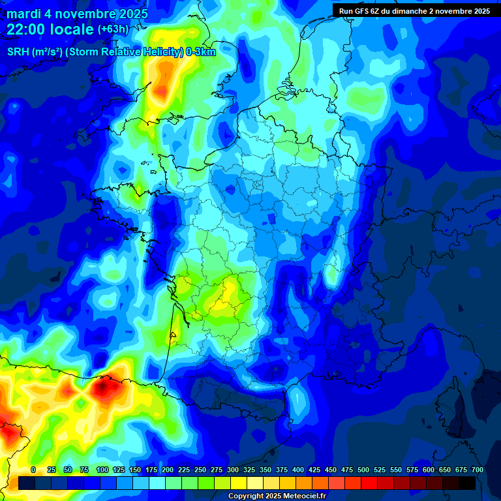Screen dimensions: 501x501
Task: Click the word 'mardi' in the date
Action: [x=23, y=14]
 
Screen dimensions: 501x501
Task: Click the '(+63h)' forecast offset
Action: [x=113, y=29]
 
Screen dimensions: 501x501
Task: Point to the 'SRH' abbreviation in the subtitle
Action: [x=18, y=52]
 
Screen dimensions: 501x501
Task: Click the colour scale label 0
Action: [x=33, y=470]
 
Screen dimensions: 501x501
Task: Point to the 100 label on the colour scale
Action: [x=102, y=470]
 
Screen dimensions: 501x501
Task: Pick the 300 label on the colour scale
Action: [x=232, y=470]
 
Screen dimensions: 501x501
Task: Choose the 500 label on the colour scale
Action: [x=363, y=470]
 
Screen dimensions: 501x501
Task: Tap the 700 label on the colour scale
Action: [x=477, y=470]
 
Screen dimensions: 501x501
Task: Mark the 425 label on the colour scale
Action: [x=314, y=470]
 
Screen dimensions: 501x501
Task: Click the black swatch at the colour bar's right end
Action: [x=467, y=483]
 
